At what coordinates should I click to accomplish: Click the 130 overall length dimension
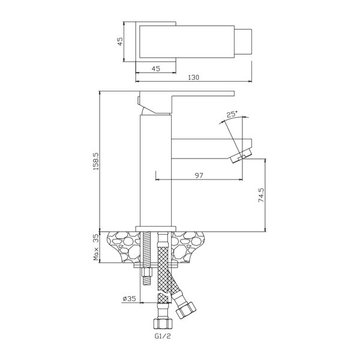(194, 77)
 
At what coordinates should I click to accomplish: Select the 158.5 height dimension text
(96, 161)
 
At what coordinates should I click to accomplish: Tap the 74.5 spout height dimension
(261, 195)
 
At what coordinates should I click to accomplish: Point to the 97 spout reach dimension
(199, 175)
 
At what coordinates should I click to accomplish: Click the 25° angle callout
(232, 114)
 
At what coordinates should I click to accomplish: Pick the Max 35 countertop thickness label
(96, 247)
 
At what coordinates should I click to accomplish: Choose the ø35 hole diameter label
(130, 298)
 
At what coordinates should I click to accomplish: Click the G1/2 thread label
(163, 336)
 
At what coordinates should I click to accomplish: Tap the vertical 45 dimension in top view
(121, 41)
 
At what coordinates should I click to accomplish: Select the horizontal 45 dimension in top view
(155, 68)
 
